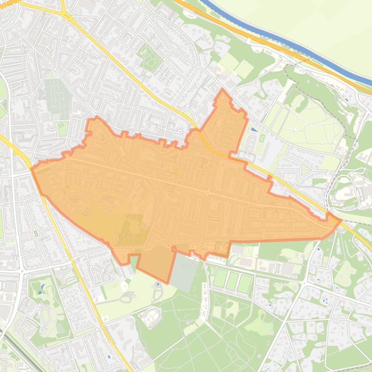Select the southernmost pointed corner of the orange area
(168, 283)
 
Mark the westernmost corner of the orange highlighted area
(32, 169)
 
